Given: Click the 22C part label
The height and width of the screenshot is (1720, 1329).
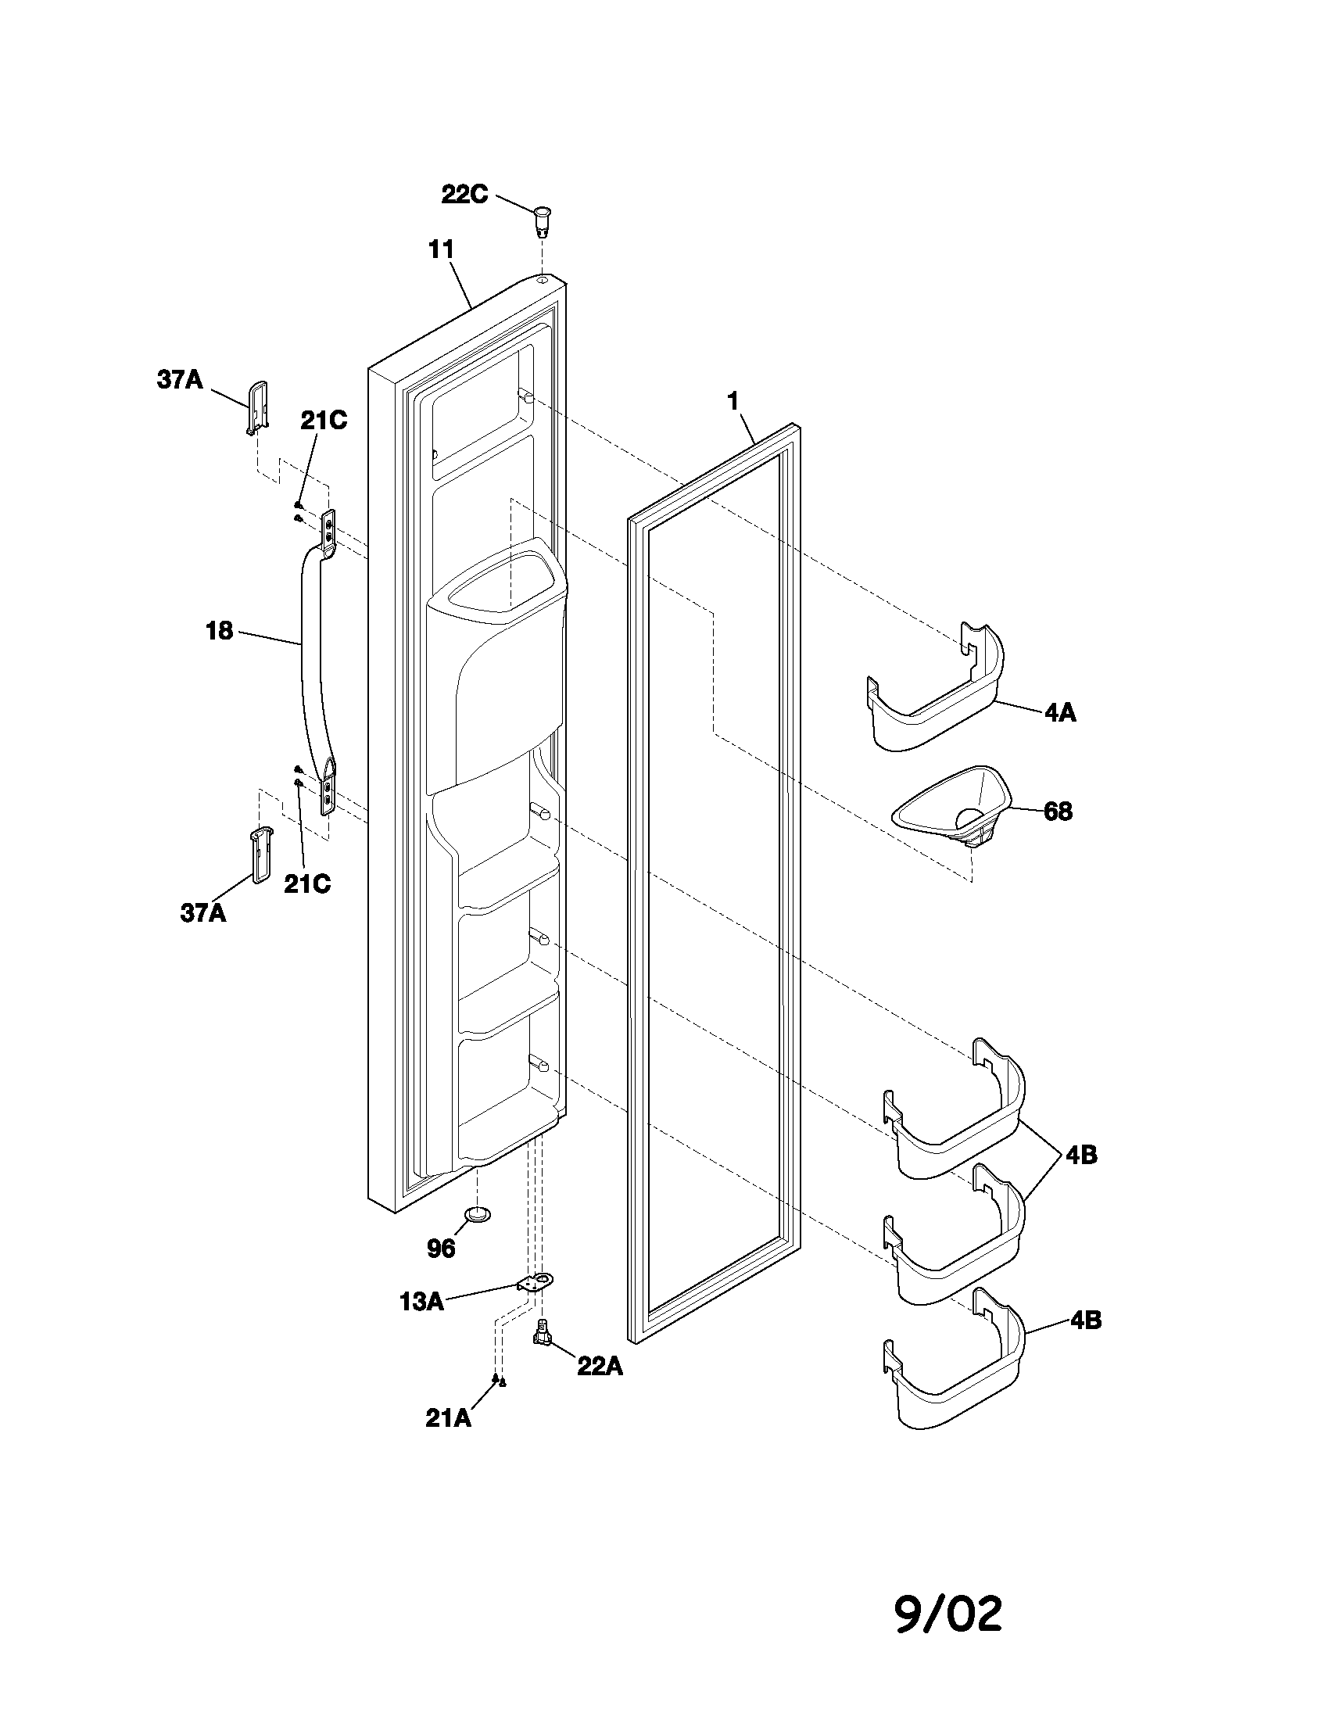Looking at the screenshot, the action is [x=464, y=195].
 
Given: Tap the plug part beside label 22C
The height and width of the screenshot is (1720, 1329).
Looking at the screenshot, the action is [x=543, y=220].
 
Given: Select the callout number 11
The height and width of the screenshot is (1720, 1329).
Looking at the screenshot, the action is [x=441, y=250].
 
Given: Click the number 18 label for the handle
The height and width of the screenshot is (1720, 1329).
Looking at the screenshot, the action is [x=220, y=630].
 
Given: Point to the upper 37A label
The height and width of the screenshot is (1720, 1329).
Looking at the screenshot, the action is [x=180, y=381].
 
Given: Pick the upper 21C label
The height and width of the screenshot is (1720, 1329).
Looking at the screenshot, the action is [x=323, y=421].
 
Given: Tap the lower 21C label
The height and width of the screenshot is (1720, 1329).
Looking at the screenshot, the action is [x=307, y=884].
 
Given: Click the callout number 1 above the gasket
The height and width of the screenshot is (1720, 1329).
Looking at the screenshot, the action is [x=733, y=403].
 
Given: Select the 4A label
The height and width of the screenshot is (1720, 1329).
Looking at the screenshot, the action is [x=1060, y=714].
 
